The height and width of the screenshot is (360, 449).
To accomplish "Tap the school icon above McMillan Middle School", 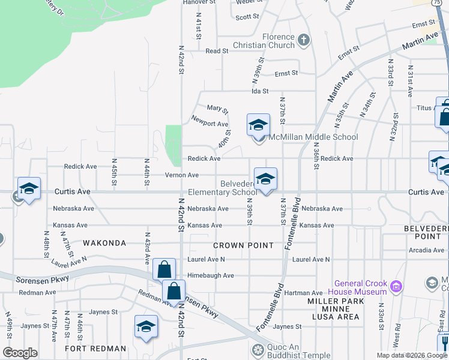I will pyautogui.click(x=258, y=125).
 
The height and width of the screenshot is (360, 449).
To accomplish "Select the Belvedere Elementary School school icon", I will pyautogui.click(x=265, y=179).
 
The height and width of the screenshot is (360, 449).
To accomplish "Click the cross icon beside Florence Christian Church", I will pyautogui.click(x=304, y=40).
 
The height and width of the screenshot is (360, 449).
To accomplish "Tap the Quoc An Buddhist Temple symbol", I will pyautogui.click(x=258, y=350).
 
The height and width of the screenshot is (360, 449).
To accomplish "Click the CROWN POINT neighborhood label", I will pyautogui.click(x=244, y=245).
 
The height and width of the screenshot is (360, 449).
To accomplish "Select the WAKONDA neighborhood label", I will pyautogui.click(x=104, y=243).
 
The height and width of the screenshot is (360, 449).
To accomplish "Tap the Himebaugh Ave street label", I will pyautogui.click(x=210, y=275).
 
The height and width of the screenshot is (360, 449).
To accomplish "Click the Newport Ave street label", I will pyautogui.click(x=209, y=124).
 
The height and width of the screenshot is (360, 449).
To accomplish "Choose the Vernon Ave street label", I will pyautogui.click(x=182, y=175).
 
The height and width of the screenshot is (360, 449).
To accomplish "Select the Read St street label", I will pyautogui.click(x=214, y=52).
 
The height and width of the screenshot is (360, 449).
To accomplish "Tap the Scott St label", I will pyautogui.click(x=247, y=17).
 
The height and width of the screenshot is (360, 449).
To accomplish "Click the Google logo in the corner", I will pyautogui.click(x=20, y=353).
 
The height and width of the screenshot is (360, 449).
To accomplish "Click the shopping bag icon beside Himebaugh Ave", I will pyautogui.click(x=164, y=269).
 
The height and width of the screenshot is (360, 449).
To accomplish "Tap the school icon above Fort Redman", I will pyautogui.click(x=145, y=327).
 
